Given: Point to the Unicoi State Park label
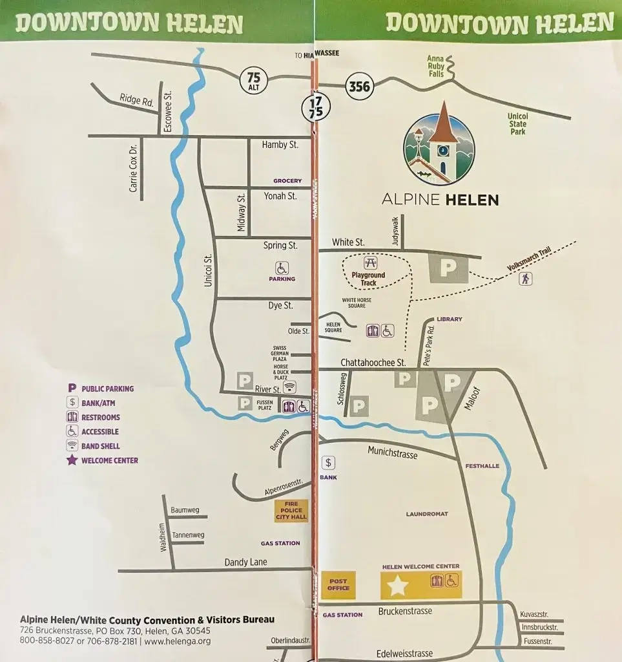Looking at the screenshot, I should (x=517, y=124).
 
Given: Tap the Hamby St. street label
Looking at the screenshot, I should (x=280, y=145).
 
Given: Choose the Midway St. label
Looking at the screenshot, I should (x=241, y=212).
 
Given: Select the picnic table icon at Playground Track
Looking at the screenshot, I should (x=370, y=263).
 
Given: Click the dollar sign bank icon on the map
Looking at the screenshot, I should (x=329, y=462).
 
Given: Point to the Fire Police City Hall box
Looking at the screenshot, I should (x=291, y=511).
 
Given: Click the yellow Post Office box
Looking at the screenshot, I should (x=338, y=584).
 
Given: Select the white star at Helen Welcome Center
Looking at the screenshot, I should (x=397, y=586).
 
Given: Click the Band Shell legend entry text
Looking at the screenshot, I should (x=101, y=446).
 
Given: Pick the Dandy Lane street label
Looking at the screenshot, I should (x=245, y=562).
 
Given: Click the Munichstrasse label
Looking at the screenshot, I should (x=392, y=454).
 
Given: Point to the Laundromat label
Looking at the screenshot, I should (x=427, y=514).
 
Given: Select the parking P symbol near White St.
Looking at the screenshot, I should (x=448, y=268).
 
